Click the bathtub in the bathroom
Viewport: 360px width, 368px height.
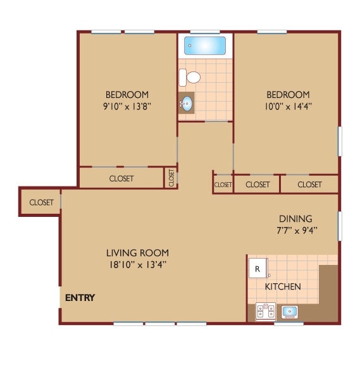(204, 46)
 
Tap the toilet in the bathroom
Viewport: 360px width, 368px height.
(190, 78)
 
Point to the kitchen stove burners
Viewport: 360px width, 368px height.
(265, 311)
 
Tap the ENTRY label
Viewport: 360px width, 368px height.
(80, 298)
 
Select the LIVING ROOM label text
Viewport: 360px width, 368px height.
(137, 254)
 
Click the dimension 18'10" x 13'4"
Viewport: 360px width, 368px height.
(137, 265)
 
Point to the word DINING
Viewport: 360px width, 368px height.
(295, 219)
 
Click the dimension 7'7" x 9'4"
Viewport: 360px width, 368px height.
(295, 230)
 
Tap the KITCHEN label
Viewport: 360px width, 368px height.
(282, 287)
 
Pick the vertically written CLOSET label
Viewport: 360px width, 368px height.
(171, 178)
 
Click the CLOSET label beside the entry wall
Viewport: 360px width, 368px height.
(41, 202)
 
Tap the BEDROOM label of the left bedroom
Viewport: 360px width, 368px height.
(127, 95)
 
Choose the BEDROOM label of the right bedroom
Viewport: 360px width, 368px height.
(287, 95)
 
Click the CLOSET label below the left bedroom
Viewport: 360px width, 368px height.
(121, 178)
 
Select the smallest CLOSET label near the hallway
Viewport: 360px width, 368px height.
(223, 185)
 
